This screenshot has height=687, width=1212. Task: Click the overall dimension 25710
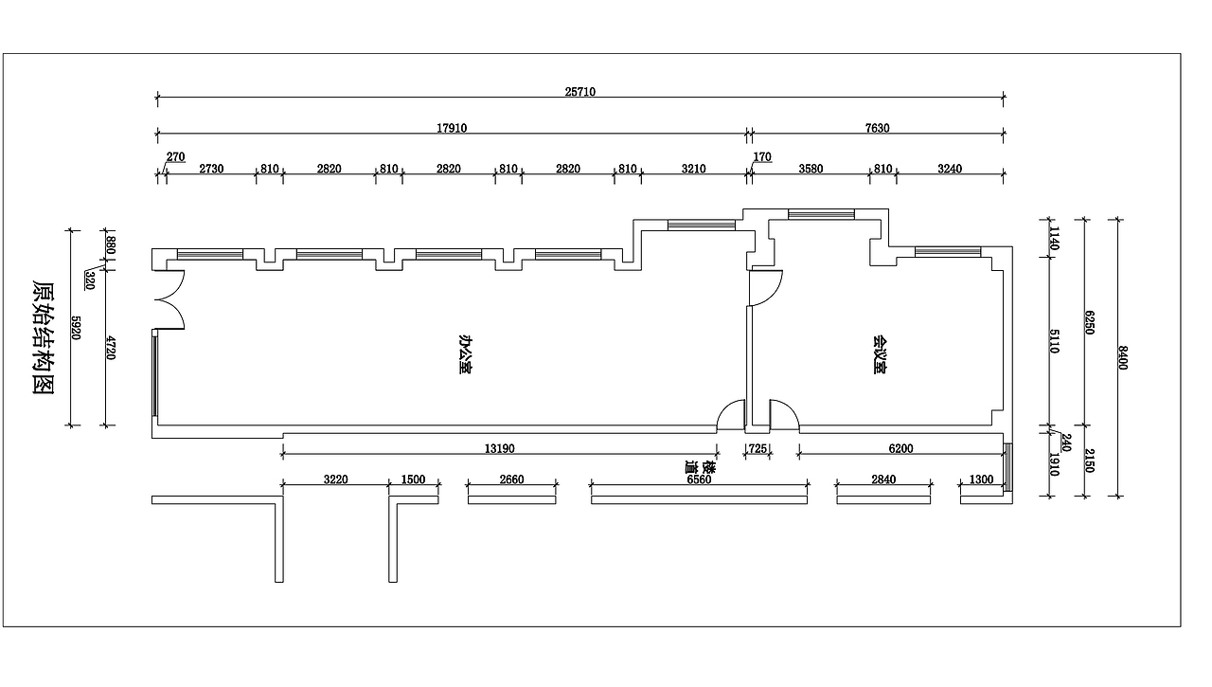click(x=580, y=92)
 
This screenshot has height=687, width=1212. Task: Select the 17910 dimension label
click(x=452, y=128)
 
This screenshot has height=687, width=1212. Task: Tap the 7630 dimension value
click(x=877, y=128)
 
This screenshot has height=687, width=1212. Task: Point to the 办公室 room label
click(x=464, y=354)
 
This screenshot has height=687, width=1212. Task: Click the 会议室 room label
click(x=880, y=355)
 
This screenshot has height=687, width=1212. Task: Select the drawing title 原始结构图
click(x=44, y=337)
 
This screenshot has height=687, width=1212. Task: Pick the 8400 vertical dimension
click(x=1122, y=358)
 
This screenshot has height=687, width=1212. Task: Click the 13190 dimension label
click(x=499, y=449)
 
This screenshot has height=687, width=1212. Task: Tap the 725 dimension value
click(x=757, y=449)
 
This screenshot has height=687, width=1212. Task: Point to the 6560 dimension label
click(x=699, y=479)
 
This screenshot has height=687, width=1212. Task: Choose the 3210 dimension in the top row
click(x=694, y=169)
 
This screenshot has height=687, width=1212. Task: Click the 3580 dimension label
click(x=811, y=169)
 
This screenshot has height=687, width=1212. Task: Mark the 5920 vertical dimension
click(x=77, y=328)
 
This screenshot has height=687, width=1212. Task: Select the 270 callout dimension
click(x=175, y=157)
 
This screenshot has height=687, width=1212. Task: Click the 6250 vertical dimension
click(x=1089, y=323)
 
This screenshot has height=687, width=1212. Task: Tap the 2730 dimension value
click(x=211, y=169)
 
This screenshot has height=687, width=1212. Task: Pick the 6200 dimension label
click(x=900, y=449)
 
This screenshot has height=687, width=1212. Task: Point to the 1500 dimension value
click(x=413, y=479)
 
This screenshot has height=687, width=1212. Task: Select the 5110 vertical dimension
click(x=1054, y=341)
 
